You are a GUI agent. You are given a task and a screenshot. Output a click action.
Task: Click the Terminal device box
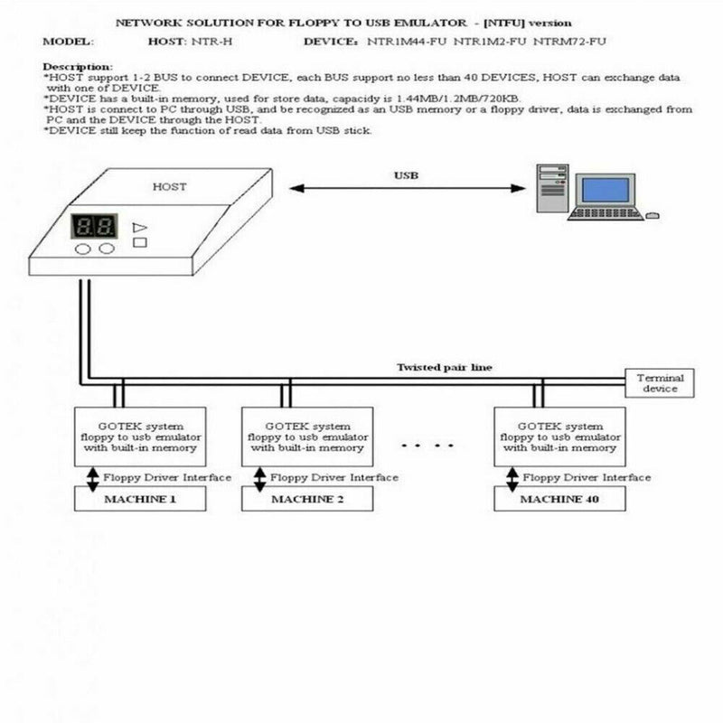660,382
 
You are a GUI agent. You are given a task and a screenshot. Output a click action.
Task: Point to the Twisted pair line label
445,367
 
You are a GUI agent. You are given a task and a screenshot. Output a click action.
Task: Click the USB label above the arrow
407,175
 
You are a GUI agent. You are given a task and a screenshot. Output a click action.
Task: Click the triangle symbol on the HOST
139,228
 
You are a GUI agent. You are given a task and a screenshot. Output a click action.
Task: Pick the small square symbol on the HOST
139,243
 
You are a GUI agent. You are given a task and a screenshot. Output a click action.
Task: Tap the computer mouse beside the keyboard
652,215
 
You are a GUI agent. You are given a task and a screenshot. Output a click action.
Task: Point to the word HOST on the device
169,186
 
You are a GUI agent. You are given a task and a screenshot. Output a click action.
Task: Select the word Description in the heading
78,67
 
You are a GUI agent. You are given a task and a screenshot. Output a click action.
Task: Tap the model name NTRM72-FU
569,42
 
